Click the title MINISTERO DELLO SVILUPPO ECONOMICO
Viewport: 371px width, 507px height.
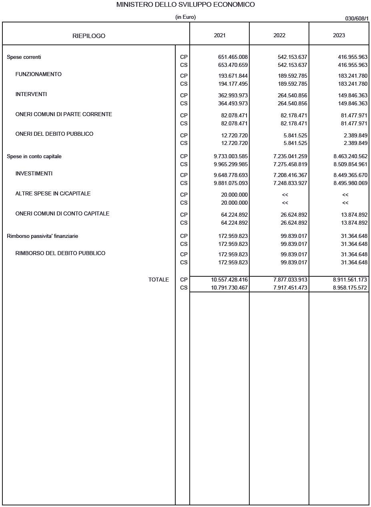185,5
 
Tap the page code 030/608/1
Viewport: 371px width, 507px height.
357,18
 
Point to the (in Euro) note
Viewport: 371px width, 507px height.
185,17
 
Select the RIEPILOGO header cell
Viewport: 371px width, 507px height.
89,36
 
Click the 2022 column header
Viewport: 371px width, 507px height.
279,35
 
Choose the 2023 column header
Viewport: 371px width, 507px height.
339,35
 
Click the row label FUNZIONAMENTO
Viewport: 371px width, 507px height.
38,74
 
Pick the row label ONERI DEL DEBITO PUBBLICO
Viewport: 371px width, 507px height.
54,134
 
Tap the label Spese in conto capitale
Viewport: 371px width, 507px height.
34,156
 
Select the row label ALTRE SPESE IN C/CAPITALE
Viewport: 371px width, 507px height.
53,193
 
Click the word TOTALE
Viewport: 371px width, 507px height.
158,280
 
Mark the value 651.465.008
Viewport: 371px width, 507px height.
233,57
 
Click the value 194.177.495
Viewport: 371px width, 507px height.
233,84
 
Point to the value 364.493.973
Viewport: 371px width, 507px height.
233,103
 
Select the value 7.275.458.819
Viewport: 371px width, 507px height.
290,164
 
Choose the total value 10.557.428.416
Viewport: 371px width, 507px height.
229,280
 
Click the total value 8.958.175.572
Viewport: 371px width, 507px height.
350,288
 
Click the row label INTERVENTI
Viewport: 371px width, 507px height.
31,94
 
